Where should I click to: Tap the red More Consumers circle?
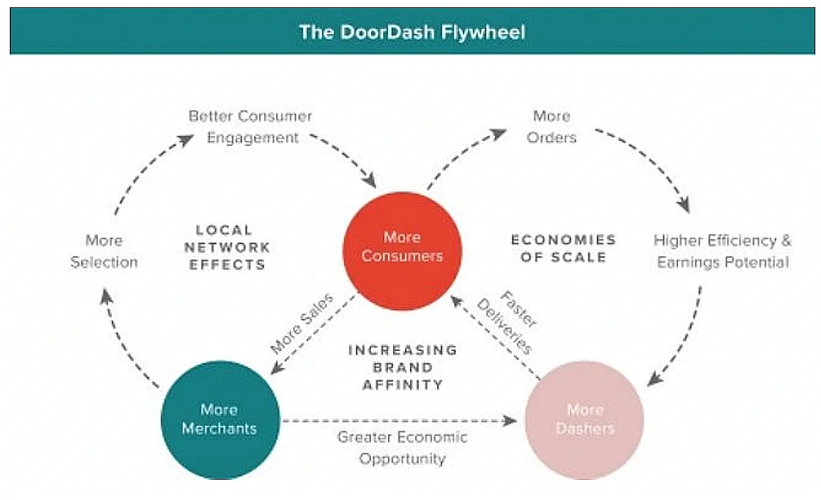[x=402, y=247]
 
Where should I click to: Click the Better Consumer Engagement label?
[x=251, y=127]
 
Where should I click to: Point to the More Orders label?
[x=551, y=127]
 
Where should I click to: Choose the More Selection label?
[x=104, y=251]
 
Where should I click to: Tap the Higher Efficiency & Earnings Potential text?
[x=722, y=251]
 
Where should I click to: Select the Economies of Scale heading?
[x=563, y=248]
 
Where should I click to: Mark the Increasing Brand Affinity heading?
[x=403, y=366]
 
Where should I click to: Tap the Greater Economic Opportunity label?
[x=403, y=448]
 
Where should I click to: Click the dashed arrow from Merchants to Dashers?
[x=399, y=422]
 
